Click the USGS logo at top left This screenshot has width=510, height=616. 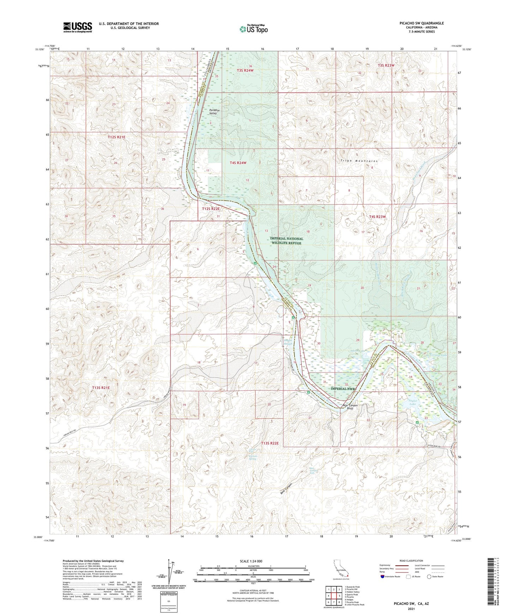[78, 27]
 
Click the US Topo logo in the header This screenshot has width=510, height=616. [253, 29]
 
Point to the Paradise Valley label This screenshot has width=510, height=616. [214, 112]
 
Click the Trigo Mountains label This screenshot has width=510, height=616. [359, 161]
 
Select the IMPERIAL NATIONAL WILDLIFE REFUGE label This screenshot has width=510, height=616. [286, 241]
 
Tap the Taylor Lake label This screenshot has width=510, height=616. [413, 402]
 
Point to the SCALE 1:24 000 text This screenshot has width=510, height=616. [251, 561]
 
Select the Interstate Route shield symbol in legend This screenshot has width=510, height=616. [383, 577]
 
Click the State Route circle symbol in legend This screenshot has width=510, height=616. [429, 577]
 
